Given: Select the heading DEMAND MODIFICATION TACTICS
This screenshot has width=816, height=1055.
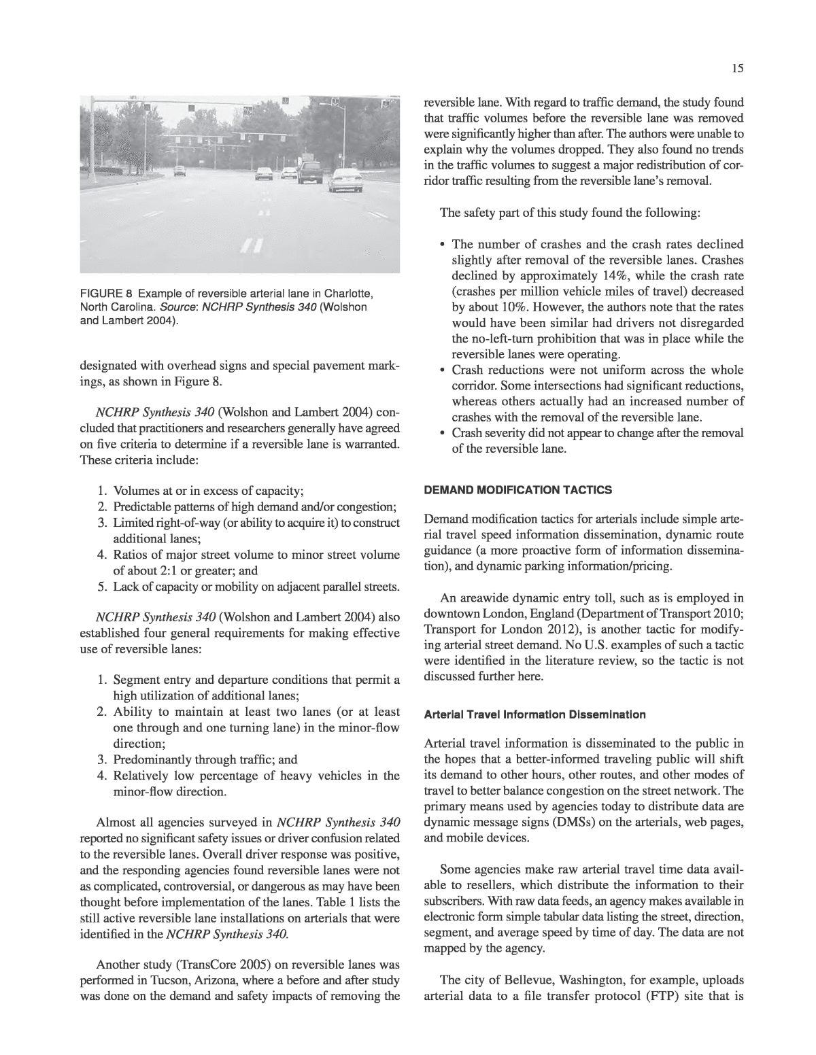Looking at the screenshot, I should coord(519,489).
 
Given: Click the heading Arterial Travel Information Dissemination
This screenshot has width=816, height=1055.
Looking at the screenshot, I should coord(535,714).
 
